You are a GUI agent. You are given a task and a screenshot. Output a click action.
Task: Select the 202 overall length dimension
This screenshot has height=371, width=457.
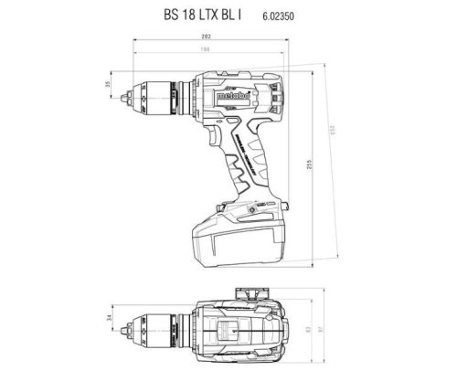[212, 37]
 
